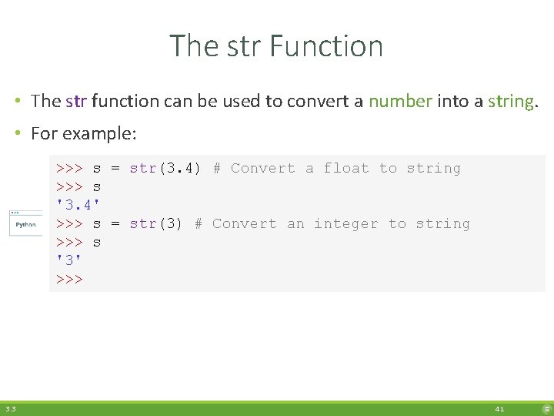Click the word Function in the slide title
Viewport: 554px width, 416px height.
pyautogui.click(x=327, y=46)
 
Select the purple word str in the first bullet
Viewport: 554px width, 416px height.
pyautogui.click(x=76, y=101)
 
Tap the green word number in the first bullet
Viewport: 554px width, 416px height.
pyautogui.click(x=400, y=101)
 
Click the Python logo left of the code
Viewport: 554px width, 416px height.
pyautogui.click(x=25, y=224)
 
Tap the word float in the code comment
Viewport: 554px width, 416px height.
pyautogui.click(x=346, y=168)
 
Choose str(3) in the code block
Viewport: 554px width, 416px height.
pyautogui.click(x=156, y=223)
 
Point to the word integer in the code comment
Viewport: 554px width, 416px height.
pyautogui.click(x=346, y=223)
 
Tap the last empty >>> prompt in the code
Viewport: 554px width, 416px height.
pyautogui.click(x=69, y=279)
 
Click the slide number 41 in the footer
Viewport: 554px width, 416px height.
pyautogui.click(x=499, y=409)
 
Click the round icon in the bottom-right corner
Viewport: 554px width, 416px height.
pyautogui.click(x=546, y=409)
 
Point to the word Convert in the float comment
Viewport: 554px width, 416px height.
pyautogui.click(x=262, y=168)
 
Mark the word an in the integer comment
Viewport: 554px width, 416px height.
pyautogui.click(x=295, y=223)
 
